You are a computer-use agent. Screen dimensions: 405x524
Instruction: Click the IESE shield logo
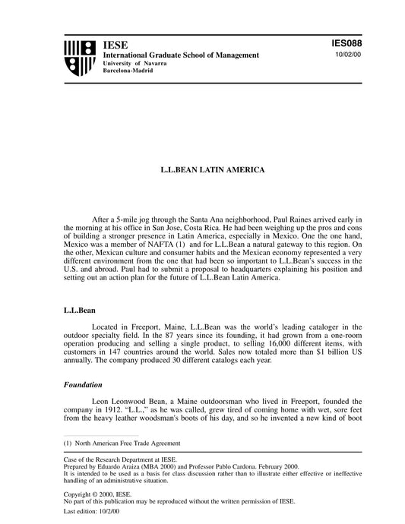(79, 57)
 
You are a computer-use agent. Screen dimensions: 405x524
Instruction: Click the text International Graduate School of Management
(181, 55)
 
